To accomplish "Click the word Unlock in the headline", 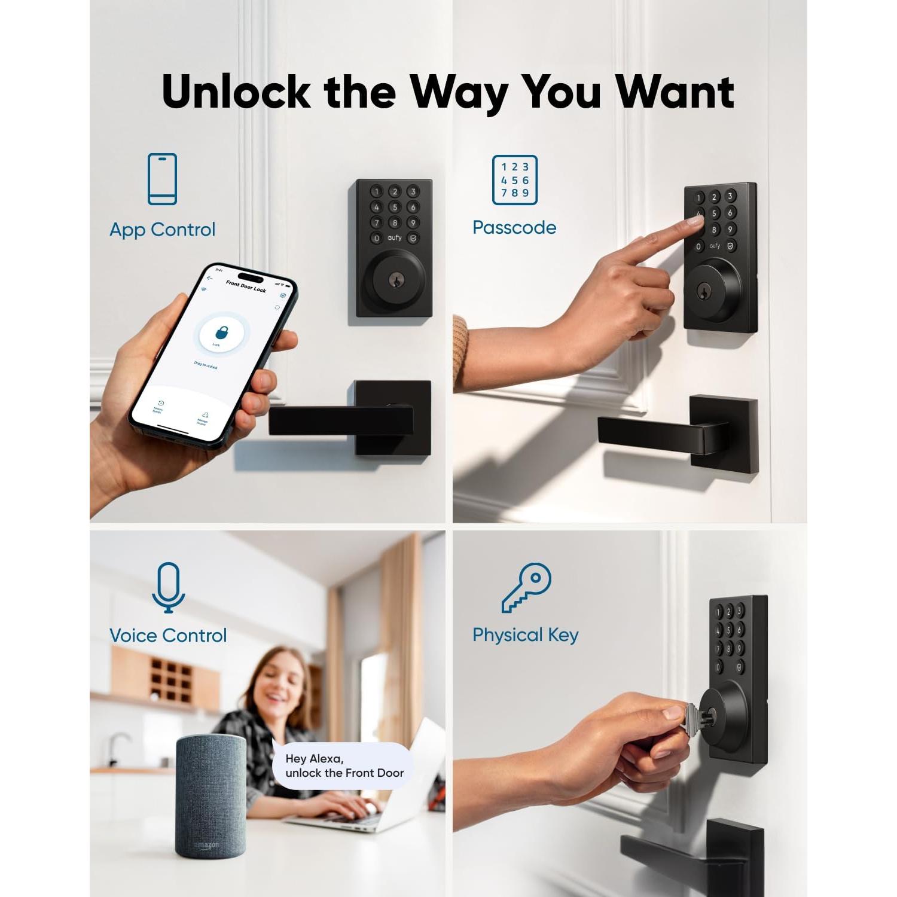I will pyautogui.click(x=236, y=93).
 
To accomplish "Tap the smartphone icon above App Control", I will pyautogui.click(x=162, y=179).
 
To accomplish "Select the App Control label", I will pyautogui.click(x=162, y=230).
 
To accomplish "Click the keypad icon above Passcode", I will pyautogui.click(x=514, y=179).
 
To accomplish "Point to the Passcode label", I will pyautogui.click(x=514, y=228).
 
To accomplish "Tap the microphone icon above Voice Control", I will pyautogui.click(x=168, y=587).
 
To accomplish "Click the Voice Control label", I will pyautogui.click(x=168, y=635).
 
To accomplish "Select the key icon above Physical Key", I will pyautogui.click(x=526, y=587).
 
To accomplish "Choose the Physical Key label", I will pyautogui.click(x=526, y=635).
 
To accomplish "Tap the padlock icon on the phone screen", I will pyautogui.click(x=221, y=332).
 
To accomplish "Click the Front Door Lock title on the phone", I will pyautogui.click(x=246, y=286).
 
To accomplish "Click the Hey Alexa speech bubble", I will pyautogui.click(x=344, y=766).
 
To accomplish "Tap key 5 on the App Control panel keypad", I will pyautogui.click(x=394, y=207).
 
